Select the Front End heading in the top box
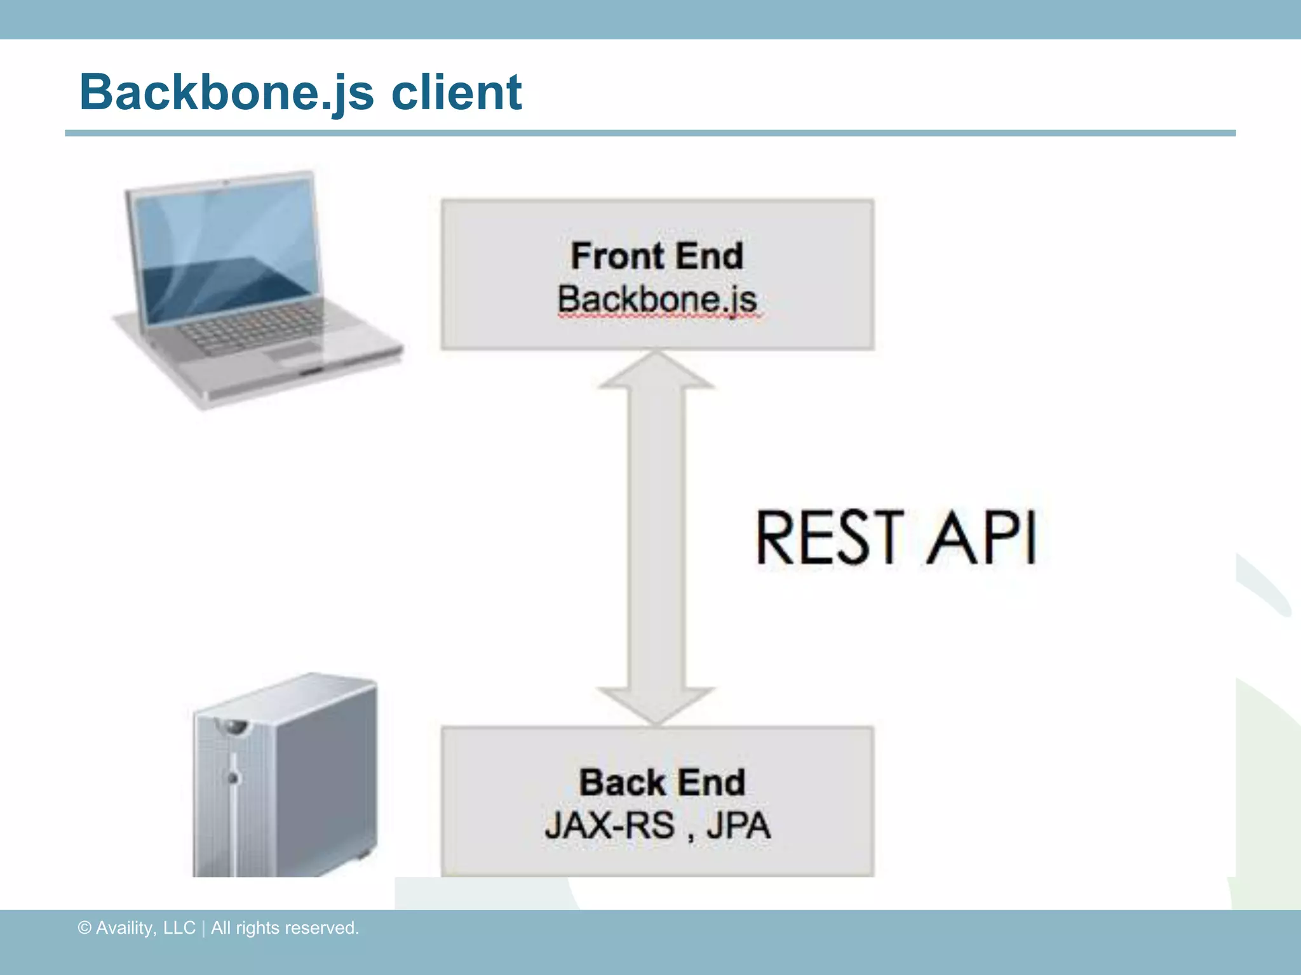click(657, 256)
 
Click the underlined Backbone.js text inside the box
click(657, 299)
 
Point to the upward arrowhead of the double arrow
click(657, 371)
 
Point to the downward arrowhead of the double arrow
click(657, 705)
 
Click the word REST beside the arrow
click(830, 538)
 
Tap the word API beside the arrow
click(982, 538)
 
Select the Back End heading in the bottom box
click(661, 782)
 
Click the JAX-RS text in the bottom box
click(609, 826)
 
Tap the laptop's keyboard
click(254, 328)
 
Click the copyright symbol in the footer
click(84, 928)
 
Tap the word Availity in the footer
click(125, 928)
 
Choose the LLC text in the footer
click(179, 928)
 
